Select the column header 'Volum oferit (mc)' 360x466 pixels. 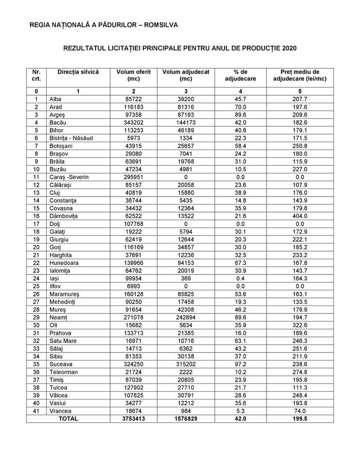(x=133, y=75)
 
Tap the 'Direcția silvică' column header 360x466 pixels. (x=78, y=72)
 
